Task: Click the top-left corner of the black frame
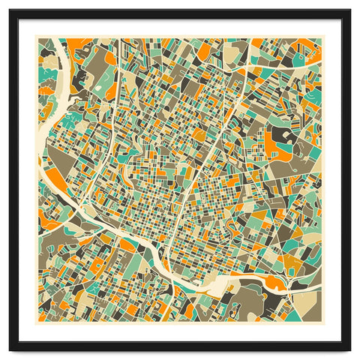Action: click(x=10, y=11)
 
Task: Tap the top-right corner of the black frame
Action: click(x=349, y=11)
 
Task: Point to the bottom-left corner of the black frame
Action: click(x=10, y=349)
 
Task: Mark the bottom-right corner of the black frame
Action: click(x=349, y=349)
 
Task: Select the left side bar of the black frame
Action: click(x=14, y=180)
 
